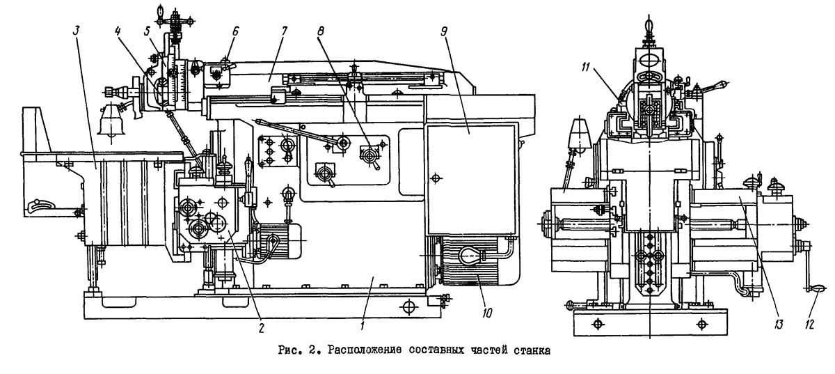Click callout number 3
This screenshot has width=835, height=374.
pos(76,31)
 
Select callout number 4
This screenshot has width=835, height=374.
pos(118,31)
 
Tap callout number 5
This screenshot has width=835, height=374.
pos(148,31)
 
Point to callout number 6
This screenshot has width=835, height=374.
pos(235,31)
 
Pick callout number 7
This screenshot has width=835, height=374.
pos(284,31)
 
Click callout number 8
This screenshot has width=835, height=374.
pos(320,31)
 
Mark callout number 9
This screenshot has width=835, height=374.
pos(444,31)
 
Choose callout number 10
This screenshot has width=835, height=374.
pos(487,313)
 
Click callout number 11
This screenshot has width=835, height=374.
pos(586,67)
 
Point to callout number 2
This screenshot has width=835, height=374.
pos(261,328)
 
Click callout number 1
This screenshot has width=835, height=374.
pos(362,325)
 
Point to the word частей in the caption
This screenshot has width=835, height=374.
pos(488,351)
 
